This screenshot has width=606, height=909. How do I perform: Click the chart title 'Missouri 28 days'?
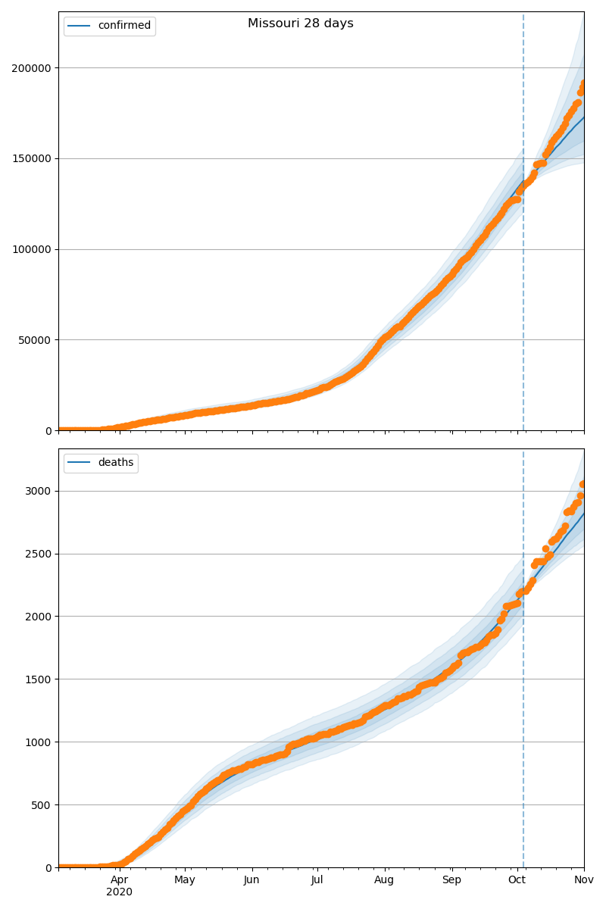[300, 23]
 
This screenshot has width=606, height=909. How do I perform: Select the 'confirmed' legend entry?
[123, 26]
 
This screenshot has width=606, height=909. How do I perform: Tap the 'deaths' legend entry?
[115, 462]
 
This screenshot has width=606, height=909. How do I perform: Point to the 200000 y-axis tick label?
[31, 68]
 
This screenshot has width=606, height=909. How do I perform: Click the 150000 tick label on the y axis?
[31, 158]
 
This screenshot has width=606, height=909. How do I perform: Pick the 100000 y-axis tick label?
[31, 249]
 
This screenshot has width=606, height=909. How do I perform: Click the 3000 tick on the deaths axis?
[39, 491]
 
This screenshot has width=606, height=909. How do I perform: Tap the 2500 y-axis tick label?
[39, 554]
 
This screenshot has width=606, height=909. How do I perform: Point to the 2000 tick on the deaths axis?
[39, 617]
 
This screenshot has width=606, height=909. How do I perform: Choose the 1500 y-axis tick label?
[39, 679]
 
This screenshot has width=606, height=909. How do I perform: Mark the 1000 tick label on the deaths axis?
[39, 742]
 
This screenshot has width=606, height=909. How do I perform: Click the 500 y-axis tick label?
[42, 805]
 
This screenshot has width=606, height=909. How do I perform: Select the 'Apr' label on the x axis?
[119, 879]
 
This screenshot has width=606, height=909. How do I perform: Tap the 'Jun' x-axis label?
[251, 879]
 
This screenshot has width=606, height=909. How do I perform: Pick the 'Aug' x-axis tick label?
[384, 879]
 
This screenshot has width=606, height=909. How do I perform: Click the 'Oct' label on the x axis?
[517, 879]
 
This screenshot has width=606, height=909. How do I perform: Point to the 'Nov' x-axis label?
[583, 879]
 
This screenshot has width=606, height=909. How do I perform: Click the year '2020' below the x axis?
[119, 892]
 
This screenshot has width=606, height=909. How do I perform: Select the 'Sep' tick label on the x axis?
[451, 879]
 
